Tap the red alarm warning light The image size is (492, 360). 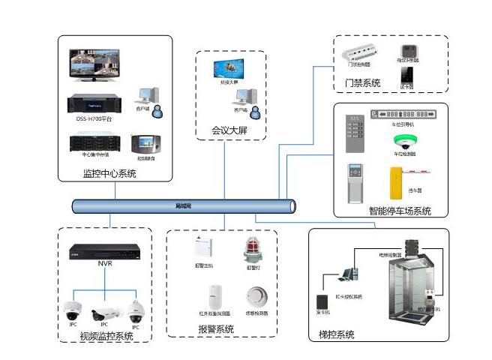(251, 248)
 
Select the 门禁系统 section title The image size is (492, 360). (362, 82)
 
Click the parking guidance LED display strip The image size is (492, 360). (401, 114)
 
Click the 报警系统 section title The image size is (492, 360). (215, 329)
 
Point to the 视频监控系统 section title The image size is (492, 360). (106, 336)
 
